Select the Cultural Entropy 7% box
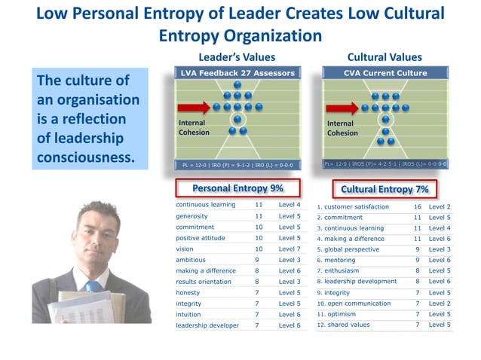coord(385,188)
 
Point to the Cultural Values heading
coord(384,56)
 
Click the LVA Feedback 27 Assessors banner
coord(237,73)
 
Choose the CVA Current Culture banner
coord(384,73)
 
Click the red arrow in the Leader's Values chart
coord(193,107)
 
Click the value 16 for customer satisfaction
coord(417,206)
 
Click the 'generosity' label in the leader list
coord(193,216)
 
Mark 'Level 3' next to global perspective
coord(440,249)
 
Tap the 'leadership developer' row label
coord(207,325)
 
